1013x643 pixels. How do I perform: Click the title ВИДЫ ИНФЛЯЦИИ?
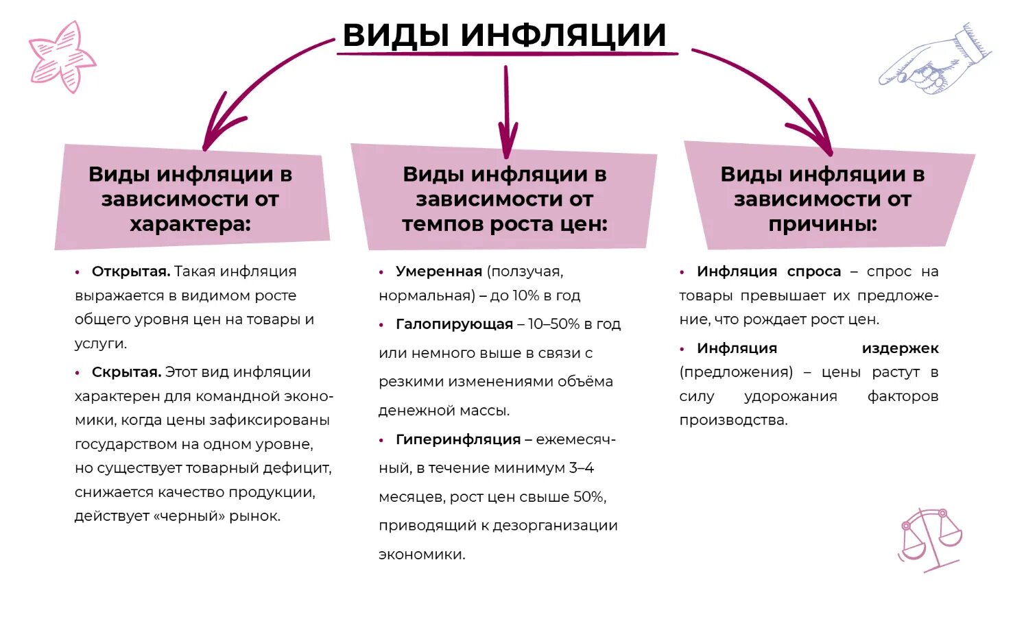(504, 34)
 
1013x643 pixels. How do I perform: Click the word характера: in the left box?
(190, 224)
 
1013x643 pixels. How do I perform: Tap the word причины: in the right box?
(822, 224)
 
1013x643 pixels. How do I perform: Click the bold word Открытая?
(131, 271)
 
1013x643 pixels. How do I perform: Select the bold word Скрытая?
(126, 372)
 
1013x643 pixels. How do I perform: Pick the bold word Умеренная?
(438, 271)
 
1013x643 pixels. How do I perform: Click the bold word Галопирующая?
(454, 324)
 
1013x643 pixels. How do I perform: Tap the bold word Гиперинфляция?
(458, 439)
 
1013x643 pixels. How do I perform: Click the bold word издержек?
(900, 348)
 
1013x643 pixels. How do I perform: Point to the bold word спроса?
(813, 271)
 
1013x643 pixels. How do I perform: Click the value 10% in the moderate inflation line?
(526, 295)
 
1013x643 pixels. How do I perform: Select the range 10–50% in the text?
(553, 324)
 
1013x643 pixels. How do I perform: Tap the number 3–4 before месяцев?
(581, 468)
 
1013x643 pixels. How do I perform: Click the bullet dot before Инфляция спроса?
(682, 272)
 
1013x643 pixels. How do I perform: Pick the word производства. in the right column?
(733, 420)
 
